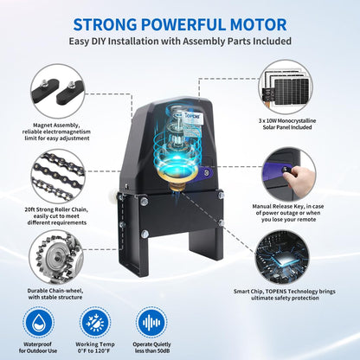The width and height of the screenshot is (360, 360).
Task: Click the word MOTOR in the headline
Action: coord(258,24)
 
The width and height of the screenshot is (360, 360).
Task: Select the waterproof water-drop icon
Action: coord(39,322)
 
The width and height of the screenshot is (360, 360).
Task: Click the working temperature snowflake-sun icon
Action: coord(95,322)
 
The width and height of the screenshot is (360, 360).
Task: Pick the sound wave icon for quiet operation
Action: coord(151,322)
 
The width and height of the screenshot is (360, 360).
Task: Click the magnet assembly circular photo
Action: coord(58,92)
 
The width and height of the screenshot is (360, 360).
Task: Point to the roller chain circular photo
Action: coord(58,176)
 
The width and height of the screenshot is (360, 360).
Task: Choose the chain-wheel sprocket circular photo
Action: coord(57,258)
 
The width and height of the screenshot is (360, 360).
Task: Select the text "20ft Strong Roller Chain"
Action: coord(56,209)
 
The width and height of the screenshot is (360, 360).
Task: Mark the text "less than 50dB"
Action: coord(152,350)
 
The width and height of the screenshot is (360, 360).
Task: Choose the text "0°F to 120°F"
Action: coord(94,350)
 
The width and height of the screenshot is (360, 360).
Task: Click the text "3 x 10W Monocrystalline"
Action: coord(287,121)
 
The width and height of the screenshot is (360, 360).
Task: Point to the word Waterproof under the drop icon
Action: coord(37,344)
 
